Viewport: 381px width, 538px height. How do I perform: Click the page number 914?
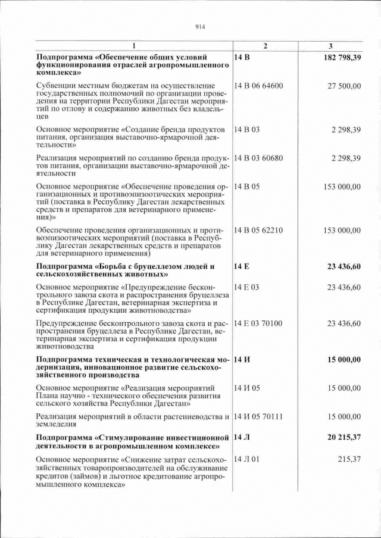point(199,26)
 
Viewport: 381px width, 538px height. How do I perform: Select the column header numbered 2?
point(266,46)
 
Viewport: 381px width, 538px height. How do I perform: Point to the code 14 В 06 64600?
point(259,86)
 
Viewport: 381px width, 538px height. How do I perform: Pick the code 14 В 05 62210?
point(259,230)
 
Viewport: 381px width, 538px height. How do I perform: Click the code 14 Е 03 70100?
point(258,323)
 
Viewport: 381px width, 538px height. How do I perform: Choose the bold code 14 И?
point(242,360)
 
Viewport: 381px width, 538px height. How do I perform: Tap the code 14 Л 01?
point(248,460)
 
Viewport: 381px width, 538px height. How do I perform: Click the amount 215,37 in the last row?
point(349,460)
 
